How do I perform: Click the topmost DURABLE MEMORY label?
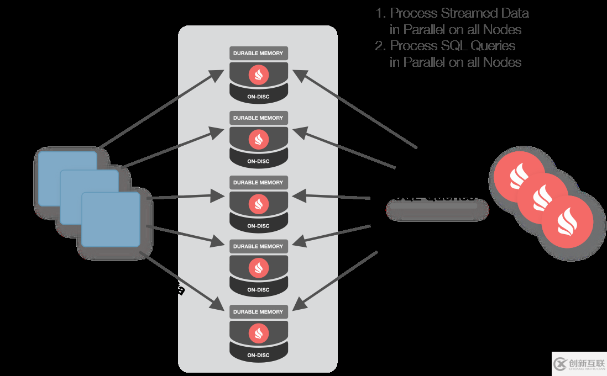click(258, 54)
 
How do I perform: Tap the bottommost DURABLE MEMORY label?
click(258, 312)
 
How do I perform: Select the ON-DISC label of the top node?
click(258, 97)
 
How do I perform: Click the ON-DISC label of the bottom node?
click(258, 355)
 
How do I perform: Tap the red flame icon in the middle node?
click(258, 204)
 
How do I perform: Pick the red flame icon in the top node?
click(258, 75)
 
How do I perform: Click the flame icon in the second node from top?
click(258, 139)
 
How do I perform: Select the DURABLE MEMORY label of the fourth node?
click(258, 247)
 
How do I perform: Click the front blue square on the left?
click(111, 219)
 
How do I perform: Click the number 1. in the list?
click(380, 13)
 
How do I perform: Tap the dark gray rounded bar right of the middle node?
click(437, 210)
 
